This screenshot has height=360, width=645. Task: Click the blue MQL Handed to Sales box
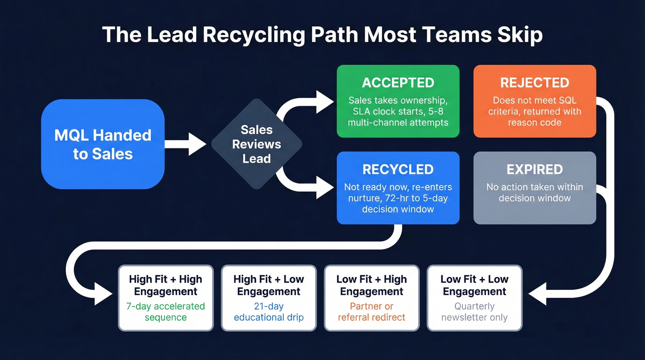[103, 144]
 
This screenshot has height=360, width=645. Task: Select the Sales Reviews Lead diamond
[257, 144]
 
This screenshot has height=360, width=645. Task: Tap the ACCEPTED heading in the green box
[398, 83]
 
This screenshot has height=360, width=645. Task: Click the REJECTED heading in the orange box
[534, 83]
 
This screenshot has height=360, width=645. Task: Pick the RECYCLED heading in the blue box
[398, 169]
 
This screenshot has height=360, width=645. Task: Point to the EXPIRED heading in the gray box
[534, 169]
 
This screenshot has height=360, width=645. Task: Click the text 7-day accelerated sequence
[165, 312]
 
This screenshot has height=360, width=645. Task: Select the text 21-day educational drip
[269, 312]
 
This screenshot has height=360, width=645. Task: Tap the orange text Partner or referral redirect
[371, 312]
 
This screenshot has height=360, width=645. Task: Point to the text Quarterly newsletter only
[475, 312]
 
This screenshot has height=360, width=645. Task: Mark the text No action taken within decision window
[534, 193]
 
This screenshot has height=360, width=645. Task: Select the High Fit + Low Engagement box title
[269, 285]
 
